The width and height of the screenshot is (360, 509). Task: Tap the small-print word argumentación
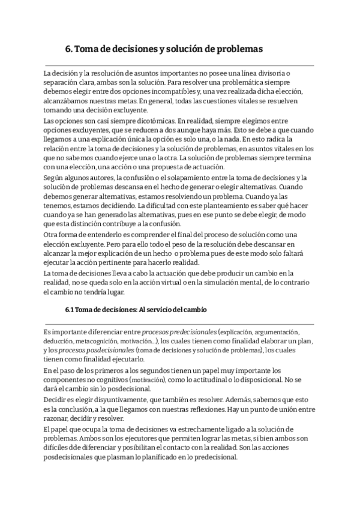point(277,331)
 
